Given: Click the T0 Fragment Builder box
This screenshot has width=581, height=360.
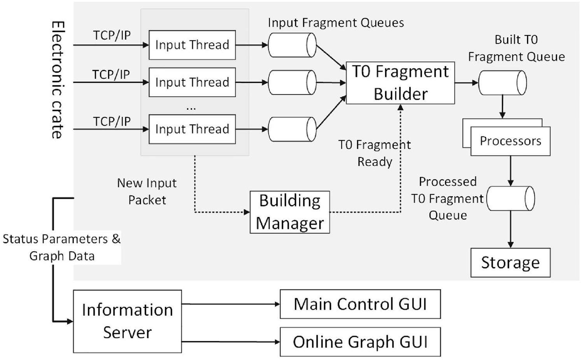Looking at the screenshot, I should click(400, 83).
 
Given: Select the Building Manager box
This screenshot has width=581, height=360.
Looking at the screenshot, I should click(290, 212).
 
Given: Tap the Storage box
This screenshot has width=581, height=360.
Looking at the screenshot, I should click(510, 263).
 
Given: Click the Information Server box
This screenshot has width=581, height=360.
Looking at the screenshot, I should click(127, 322).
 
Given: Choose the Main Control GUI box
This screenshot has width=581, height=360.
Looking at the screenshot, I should click(360, 304).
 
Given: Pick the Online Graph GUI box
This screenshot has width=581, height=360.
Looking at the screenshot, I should click(360, 342).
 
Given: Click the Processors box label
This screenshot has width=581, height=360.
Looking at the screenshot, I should click(510, 141).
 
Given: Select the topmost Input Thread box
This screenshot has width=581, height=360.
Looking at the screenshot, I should click(192, 45).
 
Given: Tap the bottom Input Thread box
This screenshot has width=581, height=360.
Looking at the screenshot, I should click(192, 129).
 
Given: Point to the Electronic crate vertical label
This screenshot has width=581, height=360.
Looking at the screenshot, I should click(58, 80).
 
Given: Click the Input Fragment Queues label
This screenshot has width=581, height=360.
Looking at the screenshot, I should click(336, 23).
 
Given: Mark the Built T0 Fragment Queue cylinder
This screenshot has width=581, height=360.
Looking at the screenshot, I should click(502, 83).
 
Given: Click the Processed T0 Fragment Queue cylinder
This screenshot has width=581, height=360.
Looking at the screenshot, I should click(511, 198).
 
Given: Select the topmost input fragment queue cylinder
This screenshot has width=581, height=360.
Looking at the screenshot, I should click(292, 45).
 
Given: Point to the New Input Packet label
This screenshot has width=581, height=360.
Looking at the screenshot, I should click(147, 192).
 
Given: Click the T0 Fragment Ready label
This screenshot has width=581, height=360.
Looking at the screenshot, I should click(374, 153).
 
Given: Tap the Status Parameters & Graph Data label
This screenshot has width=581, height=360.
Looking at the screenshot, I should click(62, 247).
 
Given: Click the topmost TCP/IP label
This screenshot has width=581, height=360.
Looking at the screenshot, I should click(112, 35).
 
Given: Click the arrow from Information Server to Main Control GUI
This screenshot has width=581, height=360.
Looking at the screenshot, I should click(231, 304).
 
